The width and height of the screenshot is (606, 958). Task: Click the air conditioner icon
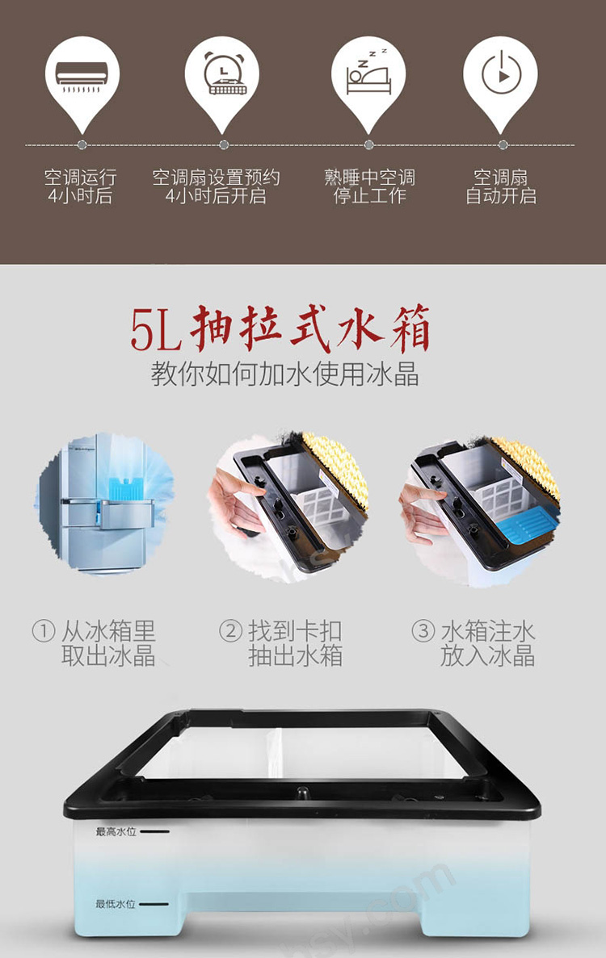coord(82,77)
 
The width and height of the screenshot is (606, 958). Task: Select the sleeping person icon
coord(368,72)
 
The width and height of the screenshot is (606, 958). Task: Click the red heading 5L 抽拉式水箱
coord(280,329)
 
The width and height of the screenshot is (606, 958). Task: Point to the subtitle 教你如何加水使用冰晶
coord(285,374)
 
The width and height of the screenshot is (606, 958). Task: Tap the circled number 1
coord(44,631)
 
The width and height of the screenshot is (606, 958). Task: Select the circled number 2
coord(230,631)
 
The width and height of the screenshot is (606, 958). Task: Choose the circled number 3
coord(423,631)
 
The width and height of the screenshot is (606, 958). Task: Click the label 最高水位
coord(116,831)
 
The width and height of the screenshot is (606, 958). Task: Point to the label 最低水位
coord(116,904)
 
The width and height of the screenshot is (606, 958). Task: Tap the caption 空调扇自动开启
coord(501,186)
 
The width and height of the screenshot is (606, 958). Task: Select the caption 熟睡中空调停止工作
coord(369,186)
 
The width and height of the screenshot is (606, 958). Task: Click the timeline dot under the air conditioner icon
coord(82,144)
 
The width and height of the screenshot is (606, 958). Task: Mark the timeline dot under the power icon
coord(503,144)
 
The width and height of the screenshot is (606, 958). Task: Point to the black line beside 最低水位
coord(154,904)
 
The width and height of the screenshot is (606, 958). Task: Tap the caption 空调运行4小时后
coord(80,186)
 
